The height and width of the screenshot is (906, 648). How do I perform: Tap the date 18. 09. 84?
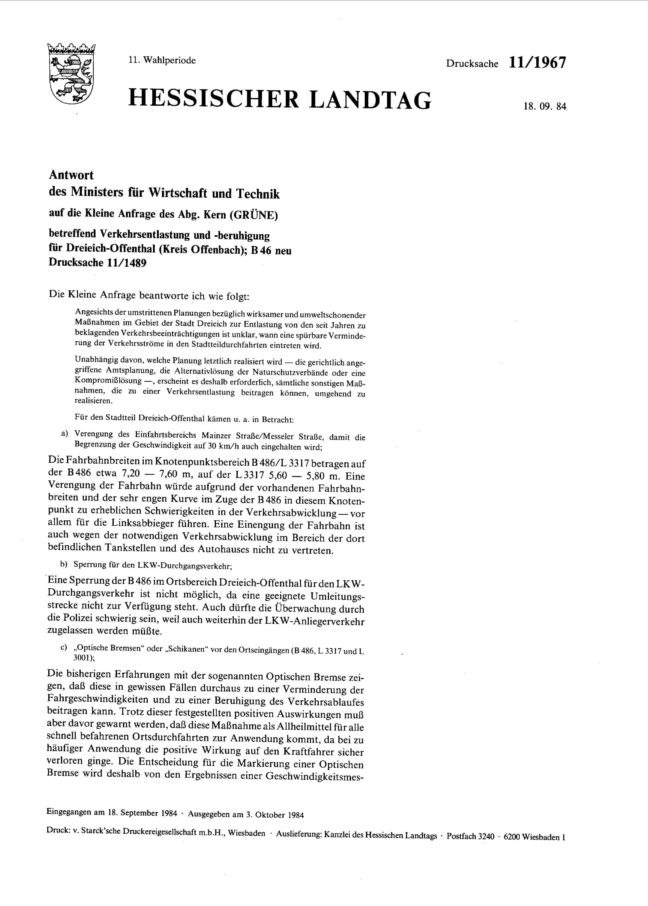pos(545,107)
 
